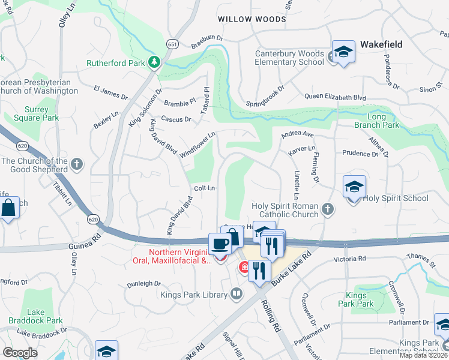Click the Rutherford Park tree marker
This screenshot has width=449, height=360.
154,62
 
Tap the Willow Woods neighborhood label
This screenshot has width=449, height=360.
252,19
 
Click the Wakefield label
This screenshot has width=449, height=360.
381,44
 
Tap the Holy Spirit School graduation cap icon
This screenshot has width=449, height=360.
354,188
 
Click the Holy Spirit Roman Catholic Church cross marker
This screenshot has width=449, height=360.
327,209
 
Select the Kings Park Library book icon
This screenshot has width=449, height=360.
237,293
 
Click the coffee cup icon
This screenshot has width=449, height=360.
220,244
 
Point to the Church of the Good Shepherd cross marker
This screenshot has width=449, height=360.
76,163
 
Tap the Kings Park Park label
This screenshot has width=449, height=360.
360,299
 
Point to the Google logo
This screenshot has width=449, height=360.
20,353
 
